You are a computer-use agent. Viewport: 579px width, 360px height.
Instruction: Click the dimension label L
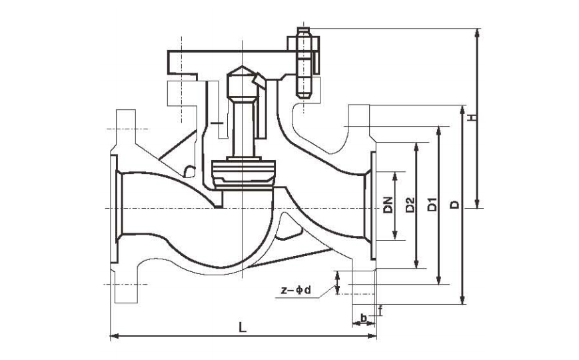tap(242, 327)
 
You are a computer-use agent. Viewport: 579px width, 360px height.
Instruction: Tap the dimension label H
tap(472, 117)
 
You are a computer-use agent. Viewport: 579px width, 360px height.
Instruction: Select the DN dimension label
tap(388, 205)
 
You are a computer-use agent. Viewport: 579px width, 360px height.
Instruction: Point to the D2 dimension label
tap(410, 205)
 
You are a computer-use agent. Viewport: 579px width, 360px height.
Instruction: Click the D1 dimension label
tap(432, 205)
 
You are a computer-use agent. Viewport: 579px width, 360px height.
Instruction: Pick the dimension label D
tap(455, 205)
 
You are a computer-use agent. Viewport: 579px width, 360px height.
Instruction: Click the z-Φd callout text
tap(296, 290)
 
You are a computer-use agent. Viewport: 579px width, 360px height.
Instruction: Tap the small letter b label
tap(363, 317)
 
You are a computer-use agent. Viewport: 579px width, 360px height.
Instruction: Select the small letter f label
tap(380, 311)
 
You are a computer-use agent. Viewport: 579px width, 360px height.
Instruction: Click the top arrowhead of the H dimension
tap(477, 33)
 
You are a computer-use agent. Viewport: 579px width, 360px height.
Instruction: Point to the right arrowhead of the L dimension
tap(372, 336)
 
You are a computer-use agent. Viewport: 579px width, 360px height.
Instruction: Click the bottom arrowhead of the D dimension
tap(462, 300)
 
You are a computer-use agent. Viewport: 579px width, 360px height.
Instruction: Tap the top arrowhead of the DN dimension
tap(394, 176)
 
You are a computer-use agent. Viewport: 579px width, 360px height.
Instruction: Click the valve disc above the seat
tap(243, 174)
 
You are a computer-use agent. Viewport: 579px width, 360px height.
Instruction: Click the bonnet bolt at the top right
tap(304, 62)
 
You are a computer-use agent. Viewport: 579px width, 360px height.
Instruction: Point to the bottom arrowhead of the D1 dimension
tap(438, 280)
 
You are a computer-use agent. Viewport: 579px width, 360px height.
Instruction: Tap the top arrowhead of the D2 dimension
tap(416, 147)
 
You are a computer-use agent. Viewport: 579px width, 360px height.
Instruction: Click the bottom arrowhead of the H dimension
tap(477, 204)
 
